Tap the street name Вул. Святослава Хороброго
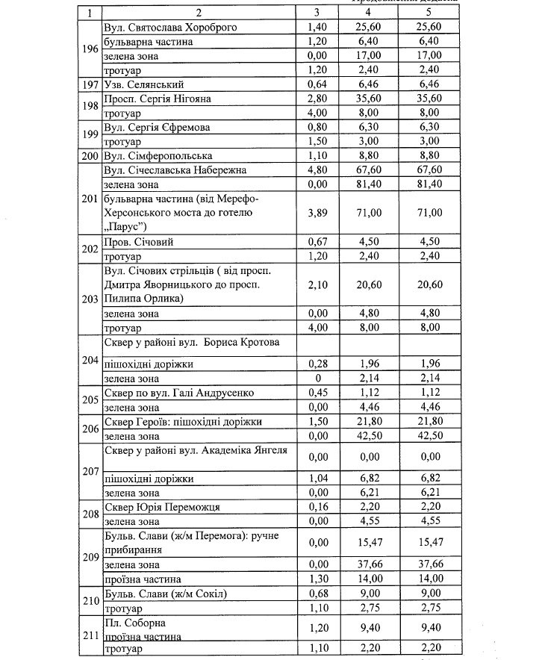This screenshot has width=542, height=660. click(160, 27)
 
